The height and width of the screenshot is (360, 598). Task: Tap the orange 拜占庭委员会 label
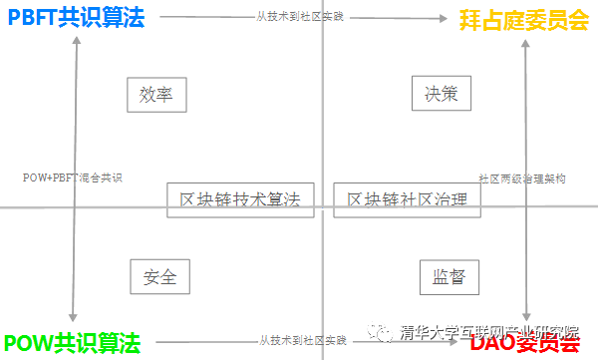523,19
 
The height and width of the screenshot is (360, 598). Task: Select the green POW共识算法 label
72,344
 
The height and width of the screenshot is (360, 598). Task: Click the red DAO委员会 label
525,344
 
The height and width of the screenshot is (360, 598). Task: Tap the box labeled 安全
159,276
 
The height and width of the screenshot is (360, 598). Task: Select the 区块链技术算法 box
239,199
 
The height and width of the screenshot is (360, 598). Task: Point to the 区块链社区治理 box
407,199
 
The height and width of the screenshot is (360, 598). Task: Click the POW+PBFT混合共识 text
72,178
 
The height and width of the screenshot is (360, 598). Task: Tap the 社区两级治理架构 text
522,179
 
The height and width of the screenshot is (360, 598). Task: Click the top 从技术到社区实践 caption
300,17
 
